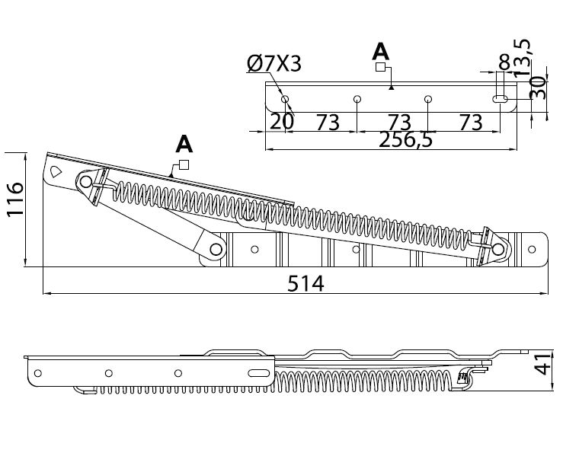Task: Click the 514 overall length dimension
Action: pyautogui.click(x=305, y=283)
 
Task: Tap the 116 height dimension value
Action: pyautogui.click(x=15, y=199)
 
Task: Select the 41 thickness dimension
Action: pyautogui.click(x=542, y=364)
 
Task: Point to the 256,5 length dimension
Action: pyautogui.click(x=406, y=140)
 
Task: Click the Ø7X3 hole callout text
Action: pyautogui.click(x=274, y=64)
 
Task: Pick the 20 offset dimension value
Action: pyautogui.click(x=282, y=122)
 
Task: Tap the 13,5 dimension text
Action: pyautogui.click(x=521, y=57)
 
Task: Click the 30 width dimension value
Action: pyautogui.click(x=538, y=88)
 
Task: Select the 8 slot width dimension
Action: pyautogui.click(x=504, y=62)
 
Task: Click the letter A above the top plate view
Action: pyautogui.click(x=381, y=52)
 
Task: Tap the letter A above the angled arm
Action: pyautogui.click(x=184, y=145)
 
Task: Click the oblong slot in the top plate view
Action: pyautogui.click(x=500, y=99)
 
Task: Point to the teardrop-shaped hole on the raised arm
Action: pyautogui.click(x=56, y=171)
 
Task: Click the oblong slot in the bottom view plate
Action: pyautogui.click(x=259, y=373)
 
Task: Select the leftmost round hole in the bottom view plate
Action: pyautogui.click(x=37, y=373)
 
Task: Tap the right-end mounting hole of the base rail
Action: pyautogui.click(x=532, y=249)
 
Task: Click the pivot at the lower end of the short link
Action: pyautogui.click(x=216, y=249)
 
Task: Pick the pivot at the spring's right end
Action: pyautogui.click(x=498, y=249)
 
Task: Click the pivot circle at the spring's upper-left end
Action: pyautogui.click(x=85, y=182)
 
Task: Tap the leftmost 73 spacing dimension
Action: pyautogui.click(x=328, y=123)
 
